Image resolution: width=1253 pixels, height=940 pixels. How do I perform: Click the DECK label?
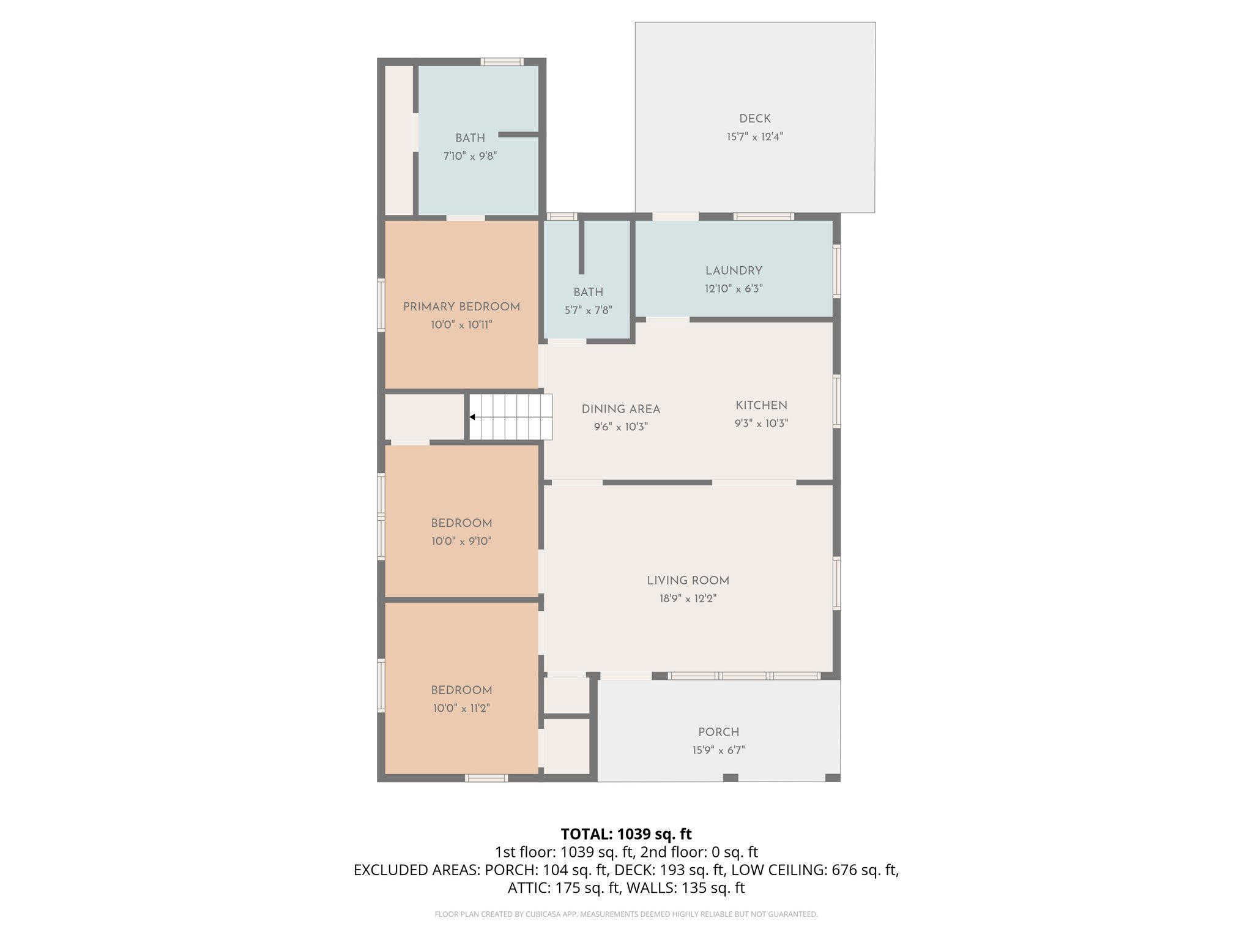click(754, 119)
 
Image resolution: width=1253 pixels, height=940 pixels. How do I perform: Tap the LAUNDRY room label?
click(734, 270)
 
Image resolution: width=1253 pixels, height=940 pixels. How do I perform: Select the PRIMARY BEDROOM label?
click(461, 307)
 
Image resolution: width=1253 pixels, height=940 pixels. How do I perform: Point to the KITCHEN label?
click(761, 405)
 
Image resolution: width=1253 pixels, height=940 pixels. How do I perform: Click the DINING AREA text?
click(620, 409)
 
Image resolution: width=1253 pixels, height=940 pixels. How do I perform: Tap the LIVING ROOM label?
click(688, 580)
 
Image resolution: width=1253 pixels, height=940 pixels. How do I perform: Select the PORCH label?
click(718, 732)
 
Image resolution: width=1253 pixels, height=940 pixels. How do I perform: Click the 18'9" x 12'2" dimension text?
click(688, 599)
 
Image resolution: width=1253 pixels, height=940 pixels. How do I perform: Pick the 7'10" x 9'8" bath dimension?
click(470, 156)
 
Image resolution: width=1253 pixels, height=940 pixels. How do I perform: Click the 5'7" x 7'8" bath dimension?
click(588, 310)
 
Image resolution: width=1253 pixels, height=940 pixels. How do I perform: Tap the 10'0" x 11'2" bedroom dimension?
click(461, 708)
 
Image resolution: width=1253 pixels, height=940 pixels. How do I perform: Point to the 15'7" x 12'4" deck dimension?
click(754, 136)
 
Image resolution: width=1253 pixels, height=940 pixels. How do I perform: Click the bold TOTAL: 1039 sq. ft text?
click(626, 834)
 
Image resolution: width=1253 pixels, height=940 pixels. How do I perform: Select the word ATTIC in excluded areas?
click(529, 887)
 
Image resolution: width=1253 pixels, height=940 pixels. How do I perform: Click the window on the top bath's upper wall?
click(502, 62)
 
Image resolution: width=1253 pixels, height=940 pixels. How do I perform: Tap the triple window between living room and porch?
click(743, 676)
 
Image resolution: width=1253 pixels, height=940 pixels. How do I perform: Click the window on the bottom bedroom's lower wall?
click(486, 778)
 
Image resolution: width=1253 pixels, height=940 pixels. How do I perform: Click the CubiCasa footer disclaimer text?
click(626, 914)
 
